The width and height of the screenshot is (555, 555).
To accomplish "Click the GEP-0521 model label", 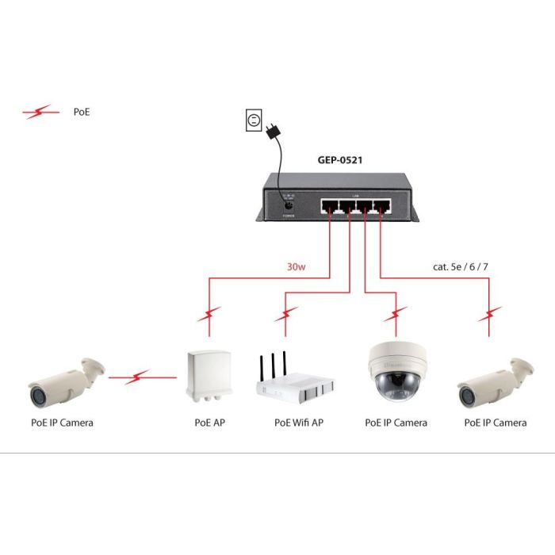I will tap(340, 159).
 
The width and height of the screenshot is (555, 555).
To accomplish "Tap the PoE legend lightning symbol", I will tap(41, 113).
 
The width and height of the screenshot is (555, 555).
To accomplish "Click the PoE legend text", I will tap(82, 113).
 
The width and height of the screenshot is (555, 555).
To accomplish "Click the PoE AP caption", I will tap(209, 423).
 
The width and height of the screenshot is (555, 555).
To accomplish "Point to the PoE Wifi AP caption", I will tap(299, 423).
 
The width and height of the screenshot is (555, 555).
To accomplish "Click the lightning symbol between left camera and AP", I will tap(140, 378).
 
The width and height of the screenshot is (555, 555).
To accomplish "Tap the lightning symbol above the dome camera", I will tap(396, 320).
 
